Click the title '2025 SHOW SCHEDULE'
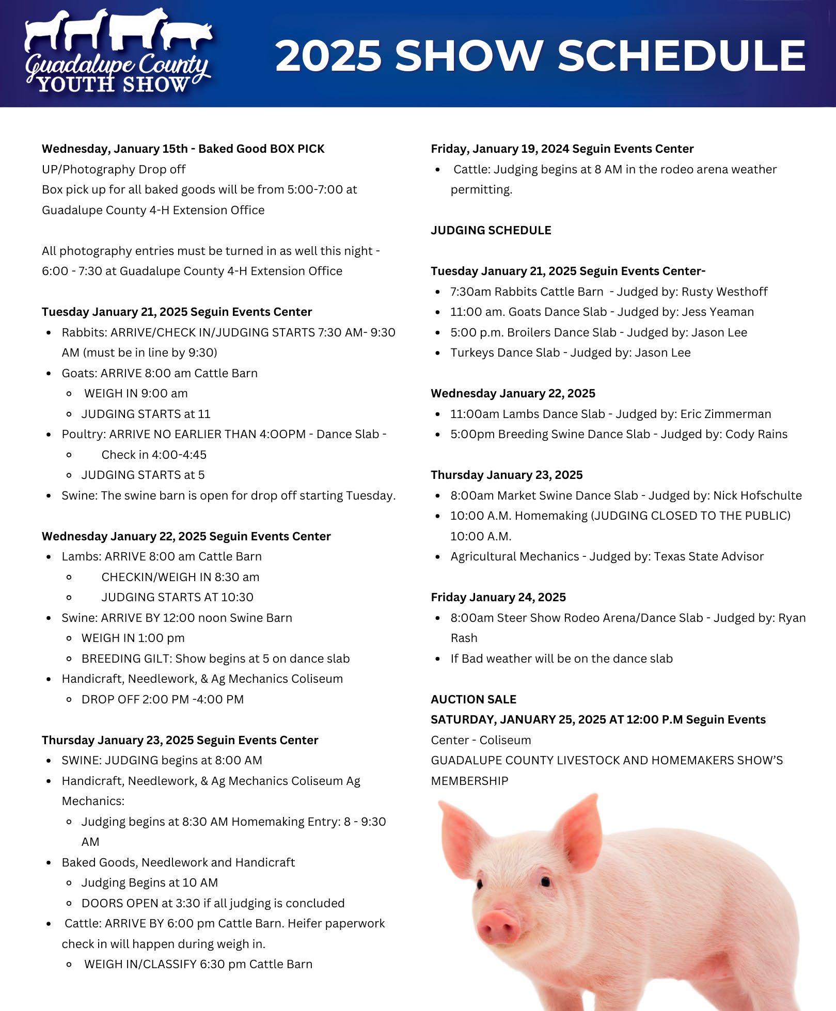point(540,56)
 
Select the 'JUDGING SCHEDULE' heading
point(491,230)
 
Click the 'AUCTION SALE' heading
point(473,699)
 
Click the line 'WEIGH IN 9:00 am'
point(136,393)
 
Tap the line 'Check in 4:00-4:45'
point(153,455)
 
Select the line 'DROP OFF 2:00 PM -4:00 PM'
point(162,699)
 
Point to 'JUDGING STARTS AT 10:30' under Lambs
point(177,597)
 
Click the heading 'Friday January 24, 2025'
point(498,597)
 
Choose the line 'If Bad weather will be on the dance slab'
point(561,659)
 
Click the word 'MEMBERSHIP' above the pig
point(469,781)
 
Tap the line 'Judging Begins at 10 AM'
point(149,882)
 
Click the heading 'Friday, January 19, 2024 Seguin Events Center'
point(562,149)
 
